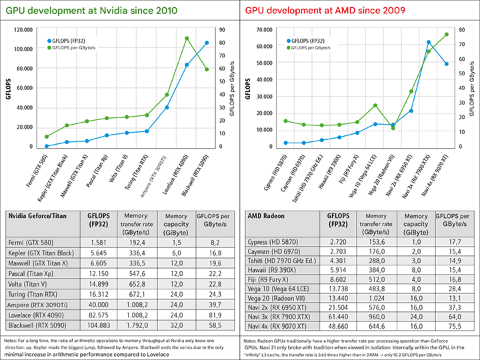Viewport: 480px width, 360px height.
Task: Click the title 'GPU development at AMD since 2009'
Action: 322,11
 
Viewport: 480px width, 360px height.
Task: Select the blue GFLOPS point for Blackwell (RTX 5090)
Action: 207,43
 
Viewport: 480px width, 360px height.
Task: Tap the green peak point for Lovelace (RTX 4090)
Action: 187,39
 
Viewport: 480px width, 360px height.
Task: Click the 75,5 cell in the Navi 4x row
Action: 454,327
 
